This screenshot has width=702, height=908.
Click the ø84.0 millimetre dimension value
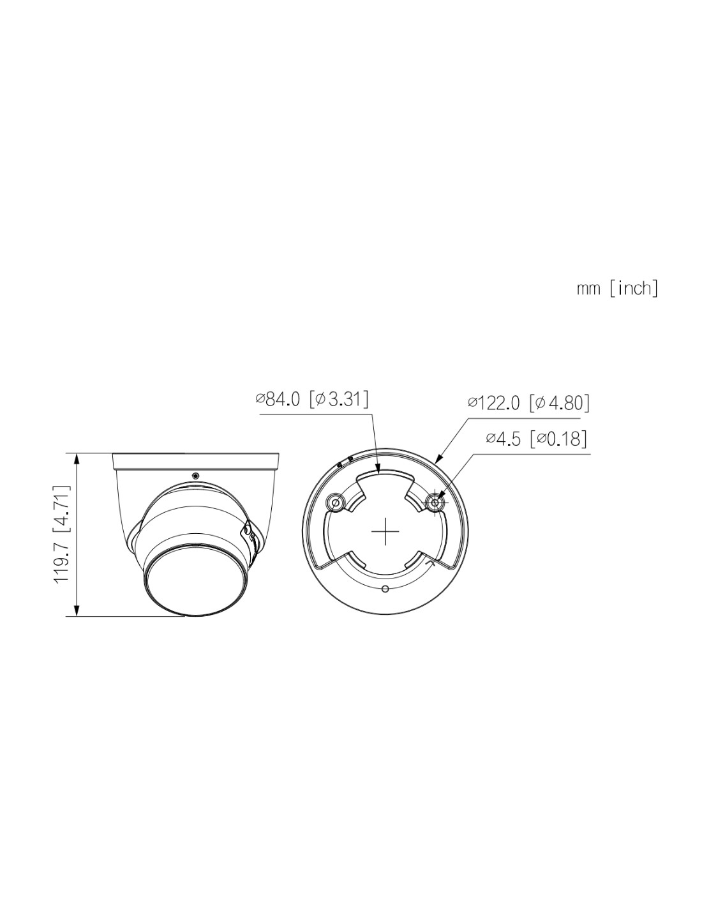click(x=278, y=400)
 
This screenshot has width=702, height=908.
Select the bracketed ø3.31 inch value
click(x=339, y=400)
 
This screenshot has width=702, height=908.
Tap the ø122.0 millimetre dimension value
click(x=493, y=403)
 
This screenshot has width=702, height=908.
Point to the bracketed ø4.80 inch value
click(x=559, y=403)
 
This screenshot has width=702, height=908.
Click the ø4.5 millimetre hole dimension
click(x=504, y=439)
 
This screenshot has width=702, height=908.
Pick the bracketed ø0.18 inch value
click(x=558, y=439)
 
